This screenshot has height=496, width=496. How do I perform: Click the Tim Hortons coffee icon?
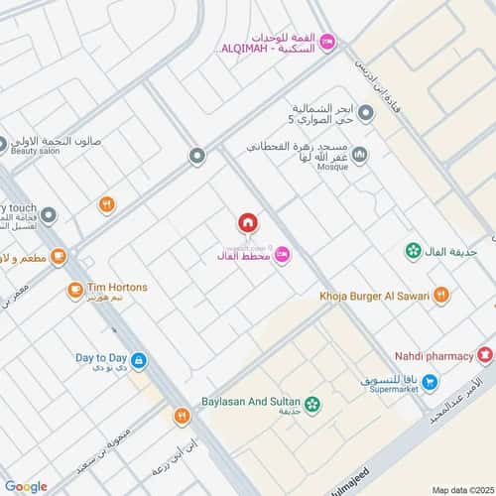[75, 291]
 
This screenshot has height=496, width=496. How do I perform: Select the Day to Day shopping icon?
[139, 360]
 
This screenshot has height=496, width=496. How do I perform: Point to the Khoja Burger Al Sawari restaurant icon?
[441, 294]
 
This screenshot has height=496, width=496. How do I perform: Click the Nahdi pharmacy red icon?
[484, 352]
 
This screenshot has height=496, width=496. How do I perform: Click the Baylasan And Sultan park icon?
[313, 403]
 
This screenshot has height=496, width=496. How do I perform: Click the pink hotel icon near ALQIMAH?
[329, 41]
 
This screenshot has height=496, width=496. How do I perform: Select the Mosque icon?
[359, 155]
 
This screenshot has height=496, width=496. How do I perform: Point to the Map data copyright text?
[462, 488]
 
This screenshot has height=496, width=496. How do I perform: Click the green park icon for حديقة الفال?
[411, 251]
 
